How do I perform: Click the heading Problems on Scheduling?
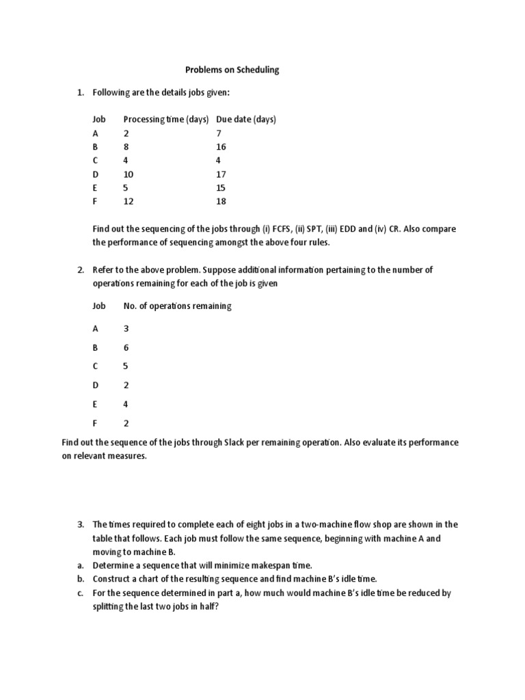tap(232, 70)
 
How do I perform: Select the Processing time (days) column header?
tap(166, 120)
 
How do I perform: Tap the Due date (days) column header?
tap(246, 120)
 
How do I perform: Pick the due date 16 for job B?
tap(221, 147)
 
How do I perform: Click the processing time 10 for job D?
tap(129, 174)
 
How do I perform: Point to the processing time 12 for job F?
tap(129, 202)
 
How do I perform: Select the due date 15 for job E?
tap(221, 188)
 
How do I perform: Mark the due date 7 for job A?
tap(219, 133)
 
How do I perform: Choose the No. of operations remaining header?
tap(177, 306)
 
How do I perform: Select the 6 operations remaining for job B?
tap(126, 347)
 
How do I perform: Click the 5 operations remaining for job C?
tap(126, 366)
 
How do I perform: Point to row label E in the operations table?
tap(95, 405)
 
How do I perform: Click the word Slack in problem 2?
tap(236, 443)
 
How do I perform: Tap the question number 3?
tap(80, 525)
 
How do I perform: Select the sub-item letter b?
tap(80, 579)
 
